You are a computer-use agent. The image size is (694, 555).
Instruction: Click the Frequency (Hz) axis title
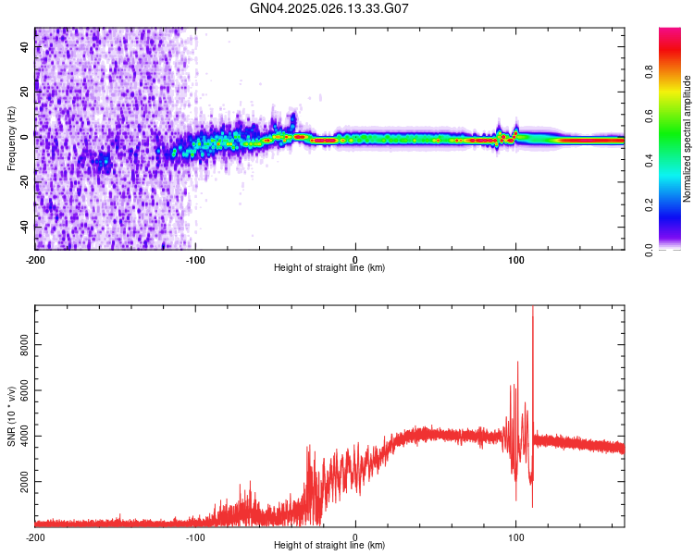(x=11, y=139)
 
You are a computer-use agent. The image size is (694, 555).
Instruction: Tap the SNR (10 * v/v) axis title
(x=11, y=413)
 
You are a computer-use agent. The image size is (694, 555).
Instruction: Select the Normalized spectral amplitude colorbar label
(x=687, y=139)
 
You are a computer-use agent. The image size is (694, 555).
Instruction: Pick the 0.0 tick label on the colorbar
(x=650, y=249)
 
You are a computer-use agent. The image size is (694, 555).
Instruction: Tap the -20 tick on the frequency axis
(x=24, y=181)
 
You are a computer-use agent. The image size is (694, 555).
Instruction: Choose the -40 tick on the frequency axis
(x=24, y=227)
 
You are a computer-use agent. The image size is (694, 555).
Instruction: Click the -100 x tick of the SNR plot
(x=195, y=536)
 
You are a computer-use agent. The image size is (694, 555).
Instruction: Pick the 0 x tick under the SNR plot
(x=356, y=536)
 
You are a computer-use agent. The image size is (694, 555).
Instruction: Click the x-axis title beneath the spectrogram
(x=329, y=268)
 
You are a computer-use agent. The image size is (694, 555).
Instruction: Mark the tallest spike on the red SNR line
(x=533, y=309)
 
